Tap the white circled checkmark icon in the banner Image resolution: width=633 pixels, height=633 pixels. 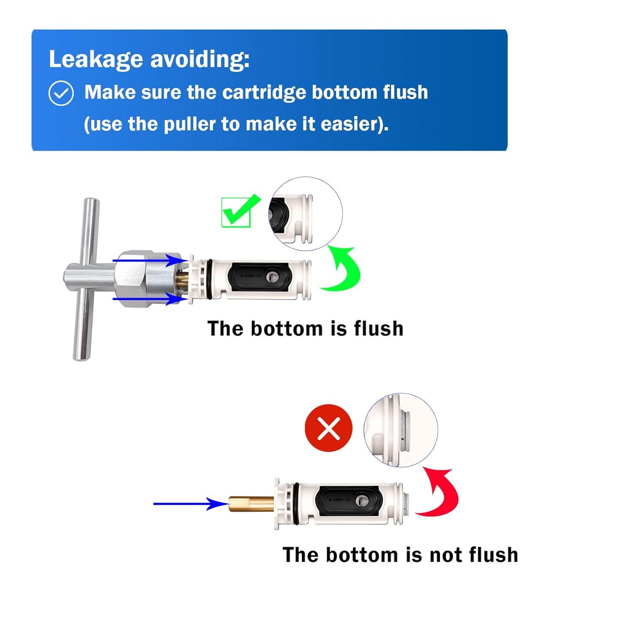tap(61, 93)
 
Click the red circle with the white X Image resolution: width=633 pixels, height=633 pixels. tap(328, 428)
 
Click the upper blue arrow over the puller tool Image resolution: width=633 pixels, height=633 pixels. tap(148, 260)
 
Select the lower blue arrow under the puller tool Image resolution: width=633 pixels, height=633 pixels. tap(148, 299)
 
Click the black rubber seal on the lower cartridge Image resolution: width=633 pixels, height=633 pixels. tap(349, 501)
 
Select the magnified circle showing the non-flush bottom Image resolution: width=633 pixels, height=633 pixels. tap(401, 430)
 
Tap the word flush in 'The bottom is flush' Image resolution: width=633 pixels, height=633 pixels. tap(379, 329)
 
